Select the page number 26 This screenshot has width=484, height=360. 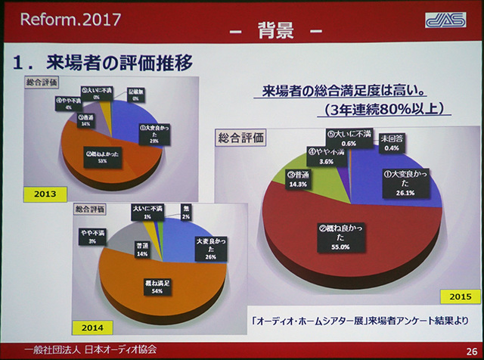point(470,350)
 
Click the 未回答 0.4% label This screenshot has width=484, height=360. point(392,142)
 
